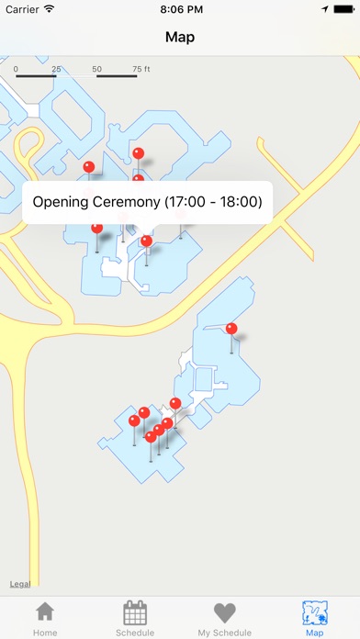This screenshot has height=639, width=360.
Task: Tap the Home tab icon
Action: tap(44, 613)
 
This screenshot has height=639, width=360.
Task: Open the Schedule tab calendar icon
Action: tap(135, 613)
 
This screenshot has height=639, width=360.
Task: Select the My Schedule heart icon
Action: tap(224, 613)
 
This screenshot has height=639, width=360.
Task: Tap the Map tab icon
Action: tap(314, 613)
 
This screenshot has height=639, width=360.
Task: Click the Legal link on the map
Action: tap(18, 584)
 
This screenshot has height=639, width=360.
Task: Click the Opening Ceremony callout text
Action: tap(147, 201)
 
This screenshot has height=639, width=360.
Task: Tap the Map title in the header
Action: tap(180, 38)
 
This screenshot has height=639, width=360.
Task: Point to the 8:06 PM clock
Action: tap(180, 8)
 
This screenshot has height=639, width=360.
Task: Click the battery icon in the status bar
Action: tap(342, 8)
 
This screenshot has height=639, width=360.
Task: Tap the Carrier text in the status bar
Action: tap(23, 8)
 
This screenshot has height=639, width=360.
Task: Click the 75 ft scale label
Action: tap(141, 69)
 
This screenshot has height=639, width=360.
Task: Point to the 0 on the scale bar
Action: tap(15, 69)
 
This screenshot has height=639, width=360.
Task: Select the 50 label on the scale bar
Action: tap(97, 69)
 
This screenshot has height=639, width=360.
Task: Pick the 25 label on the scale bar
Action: tap(56, 69)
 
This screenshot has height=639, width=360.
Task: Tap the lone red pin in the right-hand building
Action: tap(231, 329)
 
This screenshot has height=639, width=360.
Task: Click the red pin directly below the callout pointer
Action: tap(147, 241)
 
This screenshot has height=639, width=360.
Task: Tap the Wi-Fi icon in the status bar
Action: tap(50, 8)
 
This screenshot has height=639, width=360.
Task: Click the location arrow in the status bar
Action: tap(324, 8)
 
